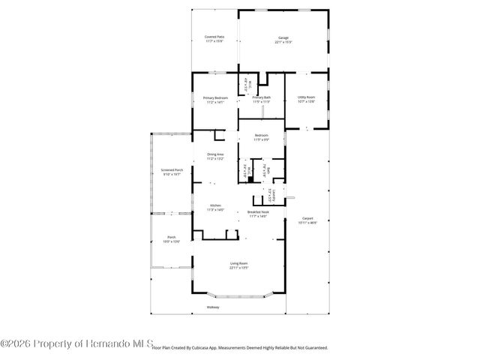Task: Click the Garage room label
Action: [x=283, y=37]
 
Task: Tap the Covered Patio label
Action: [x=214, y=37]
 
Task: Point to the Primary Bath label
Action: [x=261, y=97]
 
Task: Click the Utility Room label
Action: [x=306, y=97]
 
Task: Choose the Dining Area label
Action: [x=214, y=154]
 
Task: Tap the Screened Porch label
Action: [x=172, y=169]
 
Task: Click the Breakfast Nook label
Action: [x=258, y=212]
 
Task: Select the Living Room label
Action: [x=238, y=263]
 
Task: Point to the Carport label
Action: [x=307, y=218]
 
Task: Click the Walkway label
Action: [x=214, y=307]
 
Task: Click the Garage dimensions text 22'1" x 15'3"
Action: [x=283, y=41]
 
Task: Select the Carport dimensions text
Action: [x=307, y=223]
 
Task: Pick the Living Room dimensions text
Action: [x=238, y=268]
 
